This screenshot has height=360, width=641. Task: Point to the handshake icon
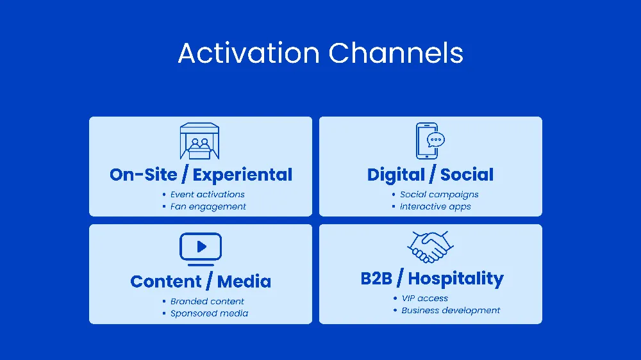(x=430, y=247)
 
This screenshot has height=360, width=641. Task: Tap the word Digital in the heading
(x=395, y=175)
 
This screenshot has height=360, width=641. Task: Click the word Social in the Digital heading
(x=467, y=175)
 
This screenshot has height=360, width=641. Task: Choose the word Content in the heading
(x=165, y=282)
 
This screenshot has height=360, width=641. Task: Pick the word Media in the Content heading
(x=244, y=282)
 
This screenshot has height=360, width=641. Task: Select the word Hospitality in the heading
(x=456, y=279)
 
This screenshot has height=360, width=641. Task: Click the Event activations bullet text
(x=207, y=194)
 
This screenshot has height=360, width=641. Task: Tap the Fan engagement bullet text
(x=208, y=206)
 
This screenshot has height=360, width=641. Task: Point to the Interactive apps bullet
(x=435, y=206)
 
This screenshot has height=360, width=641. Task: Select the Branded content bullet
(x=207, y=301)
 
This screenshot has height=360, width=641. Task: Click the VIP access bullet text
(x=424, y=298)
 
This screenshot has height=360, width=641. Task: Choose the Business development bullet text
(x=451, y=310)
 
